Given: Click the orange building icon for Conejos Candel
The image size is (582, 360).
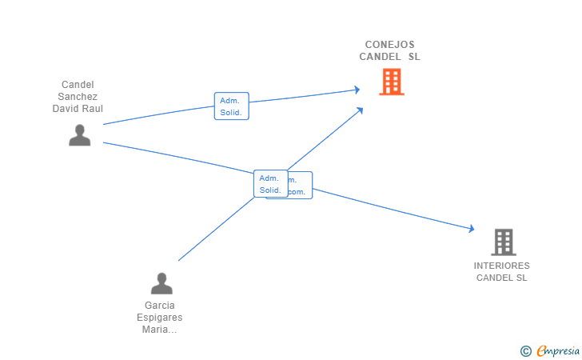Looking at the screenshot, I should (391, 82).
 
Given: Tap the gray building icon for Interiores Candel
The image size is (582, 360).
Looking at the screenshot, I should (503, 242).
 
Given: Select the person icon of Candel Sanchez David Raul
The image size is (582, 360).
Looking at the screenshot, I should (79, 135).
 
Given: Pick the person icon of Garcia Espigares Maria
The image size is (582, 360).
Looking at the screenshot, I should (161, 283).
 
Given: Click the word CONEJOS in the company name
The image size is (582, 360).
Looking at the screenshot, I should (389, 45).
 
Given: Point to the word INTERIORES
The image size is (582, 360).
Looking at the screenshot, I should (501, 266).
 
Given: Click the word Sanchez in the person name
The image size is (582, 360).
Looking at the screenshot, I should (78, 97).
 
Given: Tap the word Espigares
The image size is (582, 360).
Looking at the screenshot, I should (161, 318).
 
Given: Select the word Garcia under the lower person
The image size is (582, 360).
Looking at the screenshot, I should (160, 306).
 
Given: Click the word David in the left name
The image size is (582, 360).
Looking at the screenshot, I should (66, 109).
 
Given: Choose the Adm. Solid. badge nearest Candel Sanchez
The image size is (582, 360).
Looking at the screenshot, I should (231, 106).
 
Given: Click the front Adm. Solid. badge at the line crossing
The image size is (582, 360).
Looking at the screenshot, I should (270, 184).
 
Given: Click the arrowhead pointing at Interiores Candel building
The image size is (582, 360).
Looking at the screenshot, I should (472, 230).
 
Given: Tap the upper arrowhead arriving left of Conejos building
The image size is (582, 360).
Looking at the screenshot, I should (357, 90).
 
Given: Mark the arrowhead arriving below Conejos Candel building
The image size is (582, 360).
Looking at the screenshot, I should (361, 110).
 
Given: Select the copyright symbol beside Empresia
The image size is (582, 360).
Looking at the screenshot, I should (525, 350).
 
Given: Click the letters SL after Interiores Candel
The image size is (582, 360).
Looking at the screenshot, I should (521, 278).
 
